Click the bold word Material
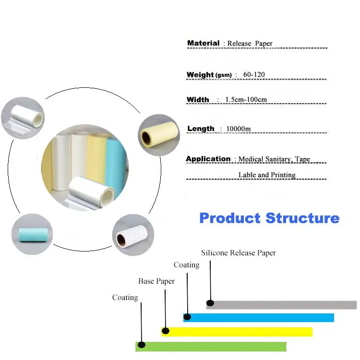203,43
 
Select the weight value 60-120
254,74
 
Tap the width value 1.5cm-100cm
246,100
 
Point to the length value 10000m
238,129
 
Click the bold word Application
208,159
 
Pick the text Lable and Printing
267,175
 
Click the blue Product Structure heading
269,218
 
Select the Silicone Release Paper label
238,253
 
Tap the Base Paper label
156,281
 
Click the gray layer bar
281,305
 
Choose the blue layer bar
259,318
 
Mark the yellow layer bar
237,332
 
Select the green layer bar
211,347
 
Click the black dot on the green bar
142,345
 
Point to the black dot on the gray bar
210,303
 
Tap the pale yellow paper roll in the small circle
159,134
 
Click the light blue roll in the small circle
34,234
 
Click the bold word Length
201,129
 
